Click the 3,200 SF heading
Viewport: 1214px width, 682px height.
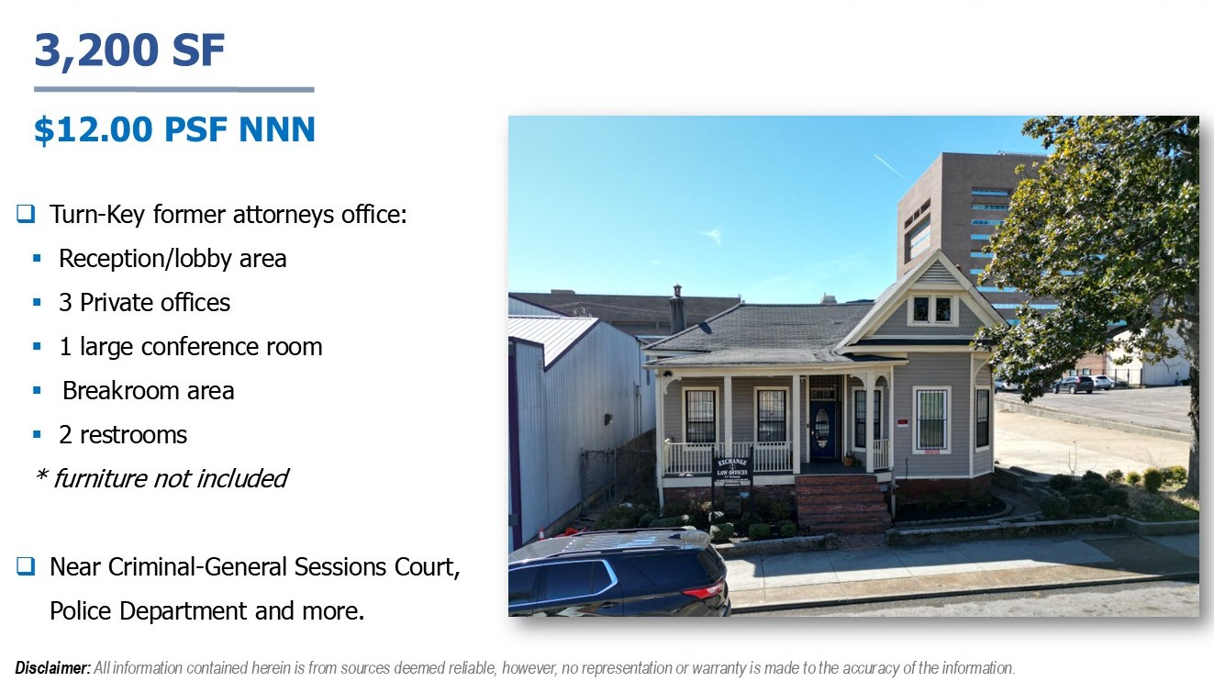[x=129, y=50]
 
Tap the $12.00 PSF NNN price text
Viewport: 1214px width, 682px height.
[x=174, y=129]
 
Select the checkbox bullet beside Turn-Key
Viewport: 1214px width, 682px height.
[x=26, y=214]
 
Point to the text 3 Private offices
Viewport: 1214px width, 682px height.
[x=145, y=303]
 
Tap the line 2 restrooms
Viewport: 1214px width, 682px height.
[x=123, y=435]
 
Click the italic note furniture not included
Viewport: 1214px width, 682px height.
[x=170, y=479]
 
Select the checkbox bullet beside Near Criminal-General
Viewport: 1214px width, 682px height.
[x=26, y=566]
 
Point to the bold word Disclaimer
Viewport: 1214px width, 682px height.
[x=52, y=668]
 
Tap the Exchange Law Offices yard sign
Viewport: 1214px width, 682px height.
[x=732, y=472]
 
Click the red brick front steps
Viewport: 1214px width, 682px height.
[x=842, y=504]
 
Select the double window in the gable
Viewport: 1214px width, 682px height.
[x=932, y=309]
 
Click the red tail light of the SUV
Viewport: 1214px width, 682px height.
[x=703, y=590]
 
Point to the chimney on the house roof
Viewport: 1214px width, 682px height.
[x=676, y=309]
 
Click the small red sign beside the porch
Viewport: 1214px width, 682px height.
[x=902, y=422]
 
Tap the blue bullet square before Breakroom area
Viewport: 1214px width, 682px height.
[x=37, y=390]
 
